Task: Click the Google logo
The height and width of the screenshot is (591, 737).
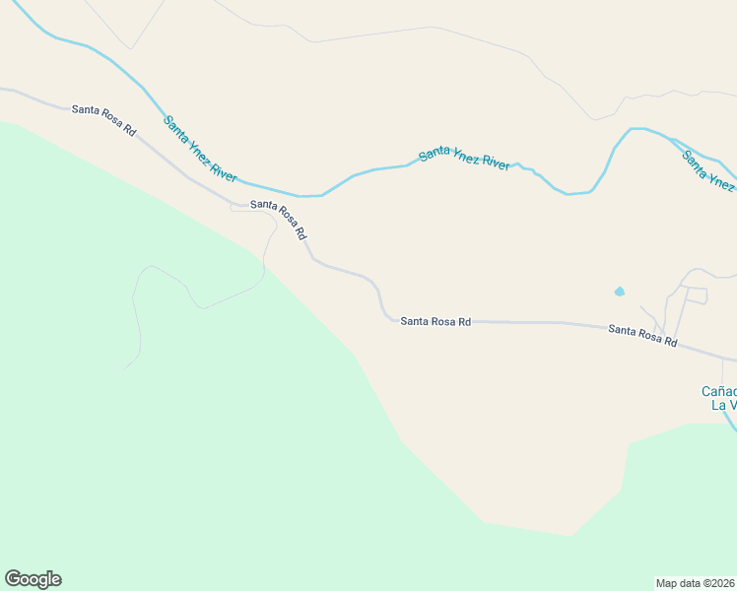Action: point(33,579)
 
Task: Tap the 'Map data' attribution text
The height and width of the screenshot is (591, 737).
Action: point(681,582)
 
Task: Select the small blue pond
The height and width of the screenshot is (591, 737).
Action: point(620,292)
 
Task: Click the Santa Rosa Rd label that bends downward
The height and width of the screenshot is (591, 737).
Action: point(279,219)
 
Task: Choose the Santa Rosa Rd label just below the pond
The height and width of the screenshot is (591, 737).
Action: point(642,336)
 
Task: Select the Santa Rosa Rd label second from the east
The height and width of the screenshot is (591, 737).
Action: point(435,321)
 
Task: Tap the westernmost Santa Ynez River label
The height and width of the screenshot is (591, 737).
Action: point(200,149)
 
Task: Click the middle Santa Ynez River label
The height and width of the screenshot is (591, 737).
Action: point(464,158)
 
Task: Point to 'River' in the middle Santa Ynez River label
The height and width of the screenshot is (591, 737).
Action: point(493,164)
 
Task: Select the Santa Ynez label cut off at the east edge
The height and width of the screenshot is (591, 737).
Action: point(709,169)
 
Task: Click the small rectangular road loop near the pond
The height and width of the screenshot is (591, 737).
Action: point(696,295)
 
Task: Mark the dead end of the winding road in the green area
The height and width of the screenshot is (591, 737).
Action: point(126,367)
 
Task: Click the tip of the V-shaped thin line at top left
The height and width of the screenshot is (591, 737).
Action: point(129,48)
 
